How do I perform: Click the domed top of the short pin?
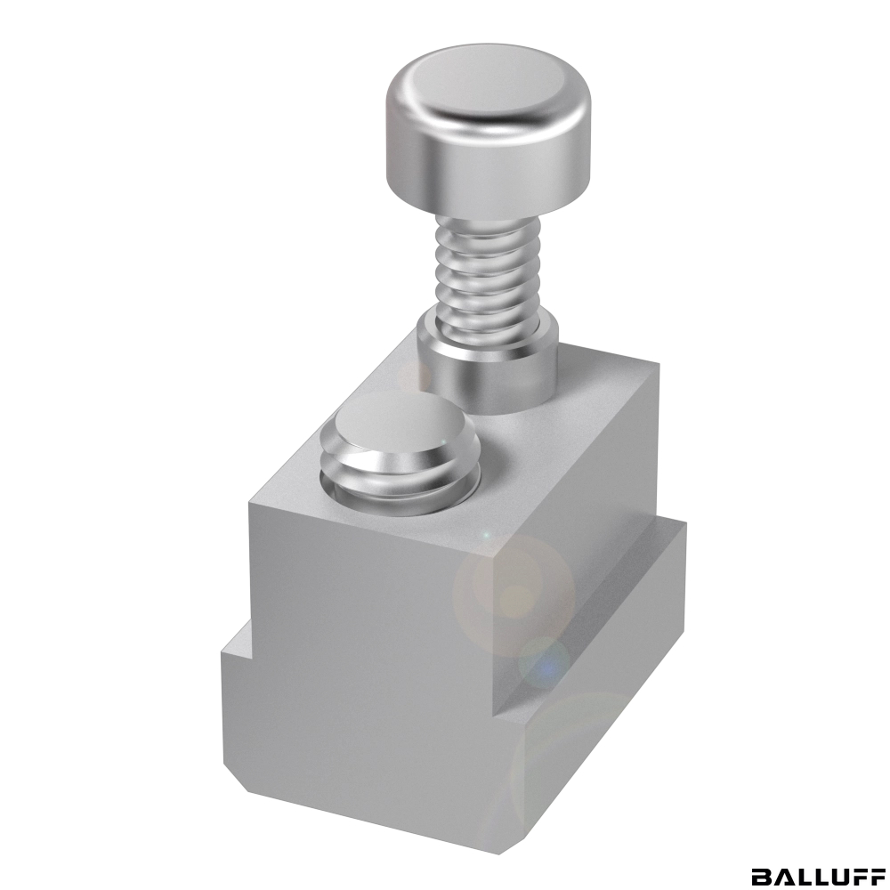(x=400, y=425)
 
